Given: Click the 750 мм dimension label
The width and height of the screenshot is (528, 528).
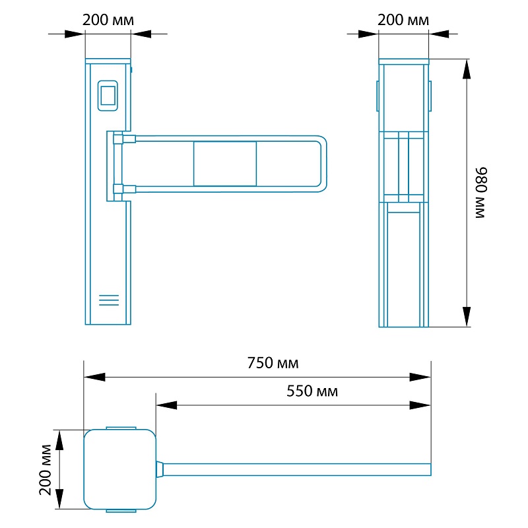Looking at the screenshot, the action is coord(273,363).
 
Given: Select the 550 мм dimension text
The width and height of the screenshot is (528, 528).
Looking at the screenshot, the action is coord(312,391).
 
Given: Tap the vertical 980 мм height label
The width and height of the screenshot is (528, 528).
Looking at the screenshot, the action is coord(481,193).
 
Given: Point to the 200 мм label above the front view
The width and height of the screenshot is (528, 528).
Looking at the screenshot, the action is coord(108,20).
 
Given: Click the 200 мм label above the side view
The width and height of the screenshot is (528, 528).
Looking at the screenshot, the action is coord(403,20).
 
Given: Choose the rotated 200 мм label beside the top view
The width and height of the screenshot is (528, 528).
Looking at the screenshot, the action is coord(45,470).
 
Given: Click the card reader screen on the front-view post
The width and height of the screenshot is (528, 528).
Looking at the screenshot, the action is coord(108,96).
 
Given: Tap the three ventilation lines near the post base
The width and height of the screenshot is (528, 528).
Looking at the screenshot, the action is coord(109,300).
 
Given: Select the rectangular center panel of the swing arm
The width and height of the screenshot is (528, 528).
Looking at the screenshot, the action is coord(225,164).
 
